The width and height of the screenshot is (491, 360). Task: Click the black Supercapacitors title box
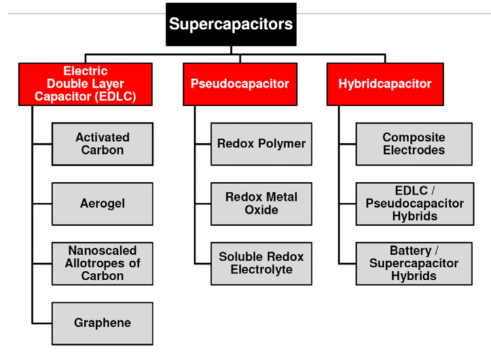point(231,24)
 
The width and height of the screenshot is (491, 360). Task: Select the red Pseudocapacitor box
point(240,84)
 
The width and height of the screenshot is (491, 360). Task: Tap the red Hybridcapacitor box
point(385,84)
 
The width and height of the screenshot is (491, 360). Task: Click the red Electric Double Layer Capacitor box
point(85,84)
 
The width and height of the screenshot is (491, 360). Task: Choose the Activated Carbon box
point(102,144)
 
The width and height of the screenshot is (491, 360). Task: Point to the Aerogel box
point(102,204)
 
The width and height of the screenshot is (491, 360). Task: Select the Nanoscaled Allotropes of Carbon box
point(102,263)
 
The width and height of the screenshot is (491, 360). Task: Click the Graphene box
point(102,323)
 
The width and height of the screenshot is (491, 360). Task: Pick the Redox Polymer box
point(261,144)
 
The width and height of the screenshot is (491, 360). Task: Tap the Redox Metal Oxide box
point(261,204)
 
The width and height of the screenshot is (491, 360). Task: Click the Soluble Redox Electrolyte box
point(261,263)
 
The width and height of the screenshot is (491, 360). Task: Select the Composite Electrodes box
point(414,144)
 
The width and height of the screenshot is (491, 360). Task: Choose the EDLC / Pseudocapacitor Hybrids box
point(414,204)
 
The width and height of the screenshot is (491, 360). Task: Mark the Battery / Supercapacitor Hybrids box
point(414,263)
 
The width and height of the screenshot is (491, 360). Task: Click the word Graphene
point(102,323)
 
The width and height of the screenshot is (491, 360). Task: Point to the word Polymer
point(282,143)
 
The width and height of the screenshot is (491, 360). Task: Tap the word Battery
point(410,251)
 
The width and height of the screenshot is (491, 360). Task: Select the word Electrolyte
point(261,270)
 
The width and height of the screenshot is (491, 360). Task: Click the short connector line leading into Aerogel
point(41,204)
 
